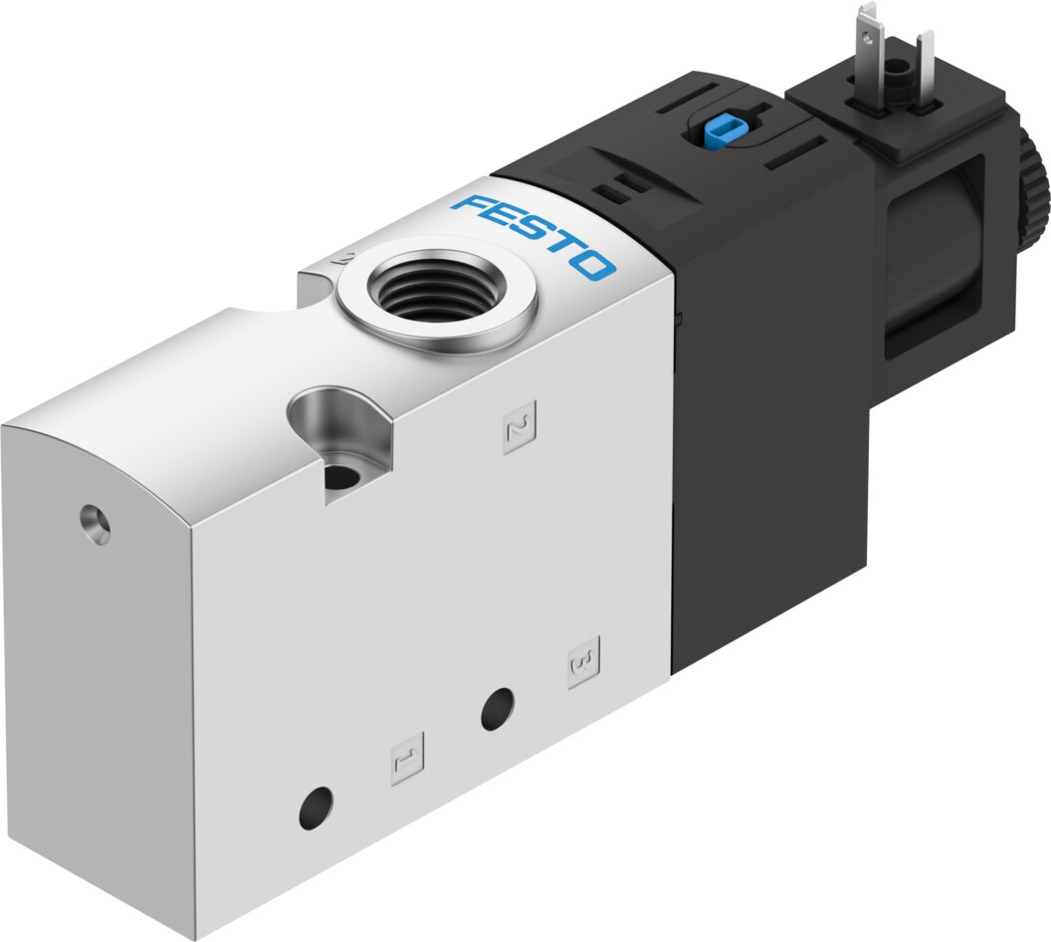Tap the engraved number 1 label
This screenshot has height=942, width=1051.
407,758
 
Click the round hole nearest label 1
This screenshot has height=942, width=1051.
316,807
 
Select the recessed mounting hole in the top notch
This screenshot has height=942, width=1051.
341,475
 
